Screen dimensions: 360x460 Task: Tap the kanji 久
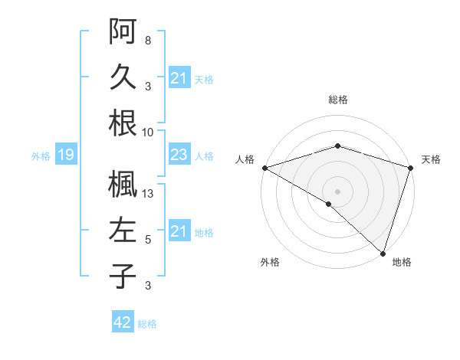click(x=123, y=77)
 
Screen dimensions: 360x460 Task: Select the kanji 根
click(x=123, y=123)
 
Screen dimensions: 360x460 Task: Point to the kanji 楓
click(x=123, y=184)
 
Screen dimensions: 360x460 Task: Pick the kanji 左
click(x=123, y=231)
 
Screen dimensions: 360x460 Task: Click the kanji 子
click(x=123, y=277)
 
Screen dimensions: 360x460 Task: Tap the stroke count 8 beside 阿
click(x=148, y=40)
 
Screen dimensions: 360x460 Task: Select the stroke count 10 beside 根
click(x=149, y=132)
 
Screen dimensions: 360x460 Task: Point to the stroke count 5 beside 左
click(x=148, y=240)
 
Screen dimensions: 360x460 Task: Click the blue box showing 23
click(x=179, y=155)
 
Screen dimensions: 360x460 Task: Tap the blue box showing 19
click(x=65, y=155)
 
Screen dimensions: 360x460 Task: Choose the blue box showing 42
click(x=122, y=322)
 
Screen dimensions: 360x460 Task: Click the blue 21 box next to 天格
click(x=179, y=78)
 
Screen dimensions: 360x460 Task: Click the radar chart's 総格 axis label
click(x=337, y=100)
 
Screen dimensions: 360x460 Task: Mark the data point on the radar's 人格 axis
click(x=264, y=168)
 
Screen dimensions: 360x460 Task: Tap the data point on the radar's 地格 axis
click(x=383, y=252)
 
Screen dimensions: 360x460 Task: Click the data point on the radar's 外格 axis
click(x=329, y=204)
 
